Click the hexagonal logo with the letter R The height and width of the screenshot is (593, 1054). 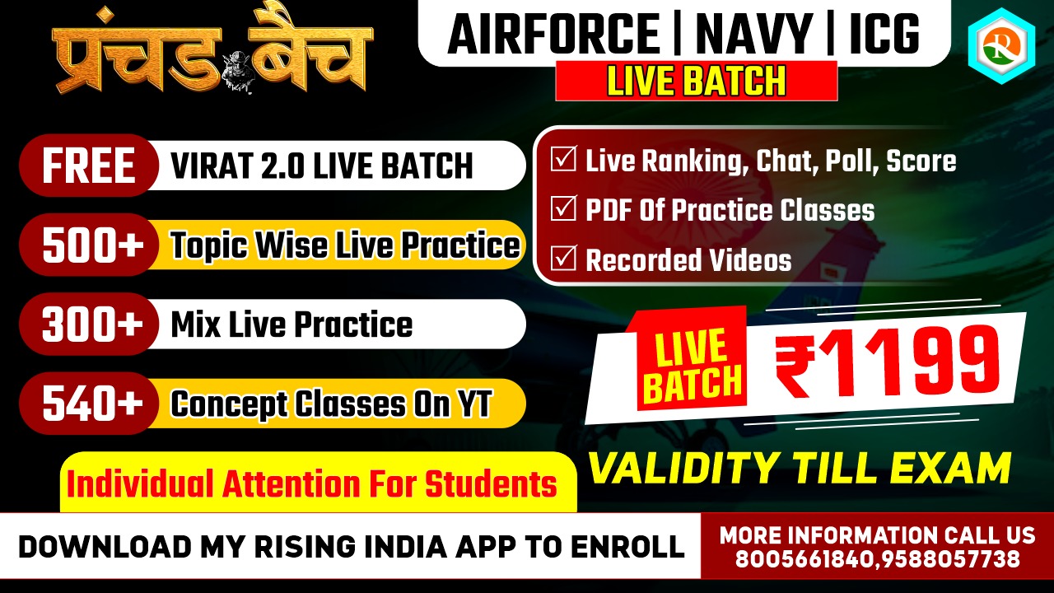click(x=1002, y=46)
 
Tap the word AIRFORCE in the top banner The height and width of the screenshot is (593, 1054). click(x=553, y=35)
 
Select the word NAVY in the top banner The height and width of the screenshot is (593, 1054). click(x=755, y=35)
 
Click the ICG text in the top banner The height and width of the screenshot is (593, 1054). click(x=884, y=35)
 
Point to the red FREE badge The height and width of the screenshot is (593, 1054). click(x=89, y=166)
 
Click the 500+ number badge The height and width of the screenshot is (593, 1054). click(x=89, y=245)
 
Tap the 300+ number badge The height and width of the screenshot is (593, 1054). click(x=89, y=325)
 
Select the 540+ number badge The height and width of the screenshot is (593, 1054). click(x=89, y=404)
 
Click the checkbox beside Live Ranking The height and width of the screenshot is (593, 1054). click(x=563, y=159)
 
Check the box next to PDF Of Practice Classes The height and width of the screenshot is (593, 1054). click(x=563, y=208)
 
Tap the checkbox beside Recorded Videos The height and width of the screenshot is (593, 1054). click(x=563, y=258)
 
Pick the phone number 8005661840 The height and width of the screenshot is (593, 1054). click(x=806, y=559)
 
